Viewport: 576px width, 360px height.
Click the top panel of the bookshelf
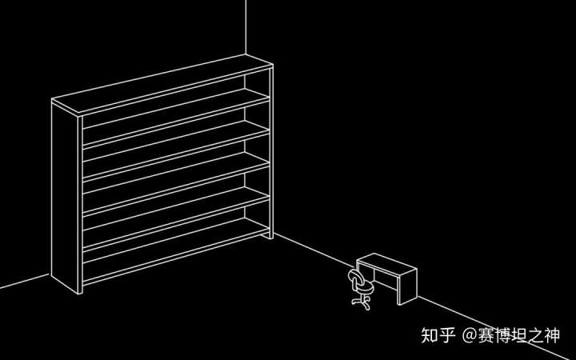tap(160, 84)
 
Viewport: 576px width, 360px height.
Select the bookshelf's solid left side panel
tap(66, 196)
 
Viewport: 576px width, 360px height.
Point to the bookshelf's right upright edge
tap(271, 152)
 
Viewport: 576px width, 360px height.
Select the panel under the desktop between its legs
tap(382, 279)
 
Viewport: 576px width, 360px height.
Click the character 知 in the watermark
tap(430, 334)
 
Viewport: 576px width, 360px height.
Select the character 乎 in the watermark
tap(447, 334)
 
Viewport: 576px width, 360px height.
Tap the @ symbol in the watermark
tap(470, 334)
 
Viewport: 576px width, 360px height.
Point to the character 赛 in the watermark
tap(487, 334)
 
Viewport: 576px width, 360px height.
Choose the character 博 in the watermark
tap(506, 334)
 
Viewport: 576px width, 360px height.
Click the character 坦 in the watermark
tap(524, 334)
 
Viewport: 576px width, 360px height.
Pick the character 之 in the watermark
tap(542, 334)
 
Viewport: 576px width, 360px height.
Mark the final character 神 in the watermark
tap(559, 334)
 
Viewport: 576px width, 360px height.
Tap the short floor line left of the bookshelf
tap(24, 281)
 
